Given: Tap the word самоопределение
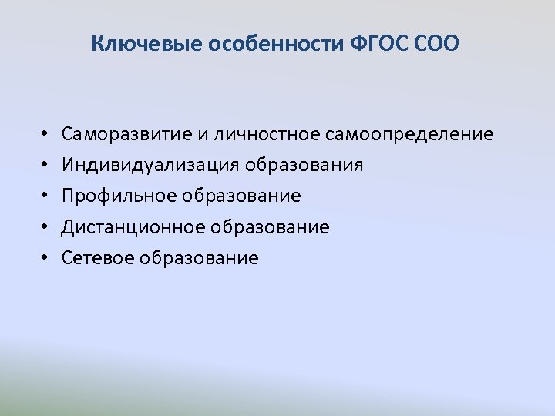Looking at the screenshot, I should coord(409,135).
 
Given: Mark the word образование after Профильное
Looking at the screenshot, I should coord(242,196).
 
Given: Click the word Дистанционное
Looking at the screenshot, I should coord(133,227).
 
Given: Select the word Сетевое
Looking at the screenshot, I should coord(99,258).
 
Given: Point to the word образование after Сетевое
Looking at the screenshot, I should coord(200,258).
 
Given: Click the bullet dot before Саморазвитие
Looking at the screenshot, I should coord(46,135).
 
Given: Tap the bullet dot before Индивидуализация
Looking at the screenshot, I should coord(46,166).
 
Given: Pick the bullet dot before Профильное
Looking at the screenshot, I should coord(46,196).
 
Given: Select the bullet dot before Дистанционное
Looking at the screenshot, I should coord(46,227).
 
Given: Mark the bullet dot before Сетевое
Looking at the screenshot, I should coord(46,258).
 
